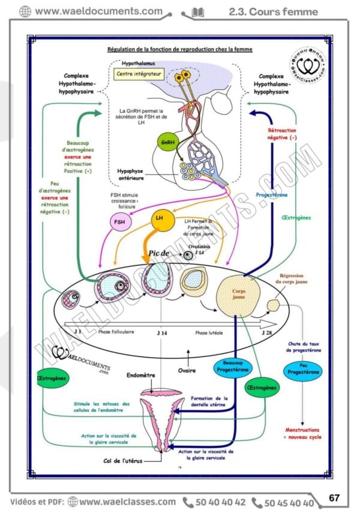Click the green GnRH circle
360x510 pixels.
click(x=166, y=142)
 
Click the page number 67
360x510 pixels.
click(x=334, y=497)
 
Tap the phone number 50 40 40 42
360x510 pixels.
click(x=220, y=502)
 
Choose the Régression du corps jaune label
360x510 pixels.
click(x=293, y=278)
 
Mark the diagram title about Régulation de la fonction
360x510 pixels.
click(x=179, y=49)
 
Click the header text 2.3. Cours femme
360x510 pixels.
click(x=274, y=11)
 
